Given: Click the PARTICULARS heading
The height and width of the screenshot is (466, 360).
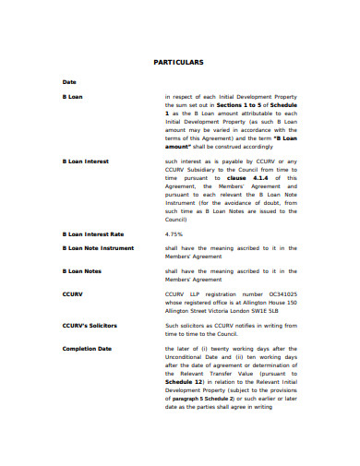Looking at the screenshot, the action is (x=179, y=63).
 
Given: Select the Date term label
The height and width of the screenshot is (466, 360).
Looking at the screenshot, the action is (x=69, y=82).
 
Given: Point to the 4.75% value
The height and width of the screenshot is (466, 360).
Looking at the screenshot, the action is (x=175, y=233).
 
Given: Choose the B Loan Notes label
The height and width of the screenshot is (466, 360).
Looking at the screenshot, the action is (x=81, y=270).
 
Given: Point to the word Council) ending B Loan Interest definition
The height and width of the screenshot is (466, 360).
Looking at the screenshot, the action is (x=178, y=220).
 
